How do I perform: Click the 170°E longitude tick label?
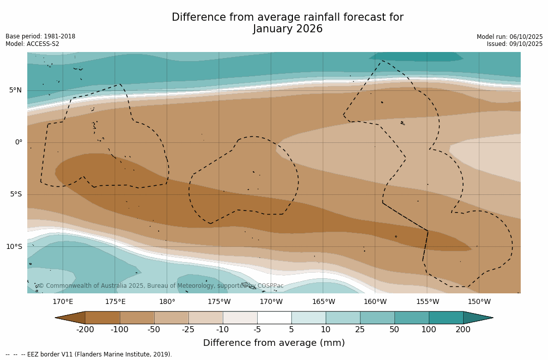click(x=63, y=302)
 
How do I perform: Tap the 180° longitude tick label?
click(x=167, y=302)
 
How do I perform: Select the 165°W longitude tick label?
click(x=323, y=302)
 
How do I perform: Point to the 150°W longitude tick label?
click(x=479, y=302)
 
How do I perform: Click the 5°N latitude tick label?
click(x=16, y=90)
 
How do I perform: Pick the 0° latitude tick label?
click(x=19, y=142)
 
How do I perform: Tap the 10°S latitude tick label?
click(x=14, y=247)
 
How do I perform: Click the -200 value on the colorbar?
click(x=85, y=330)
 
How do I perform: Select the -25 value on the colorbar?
click(x=188, y=330)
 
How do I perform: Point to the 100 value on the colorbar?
click(x=429, y=330)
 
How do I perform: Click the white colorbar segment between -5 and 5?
click(x=274, y=318)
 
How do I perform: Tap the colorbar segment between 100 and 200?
click(x=446, y=318)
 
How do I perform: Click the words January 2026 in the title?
click(x=288, y=29)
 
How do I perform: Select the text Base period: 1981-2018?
click(x=40, y=36)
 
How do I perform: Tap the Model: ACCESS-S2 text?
click(x=32, y=44)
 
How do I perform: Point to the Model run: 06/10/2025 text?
click(x=510, y=37)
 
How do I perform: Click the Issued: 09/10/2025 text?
click(x=515, y=44)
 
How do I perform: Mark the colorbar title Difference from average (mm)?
click(x=274, y=343)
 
